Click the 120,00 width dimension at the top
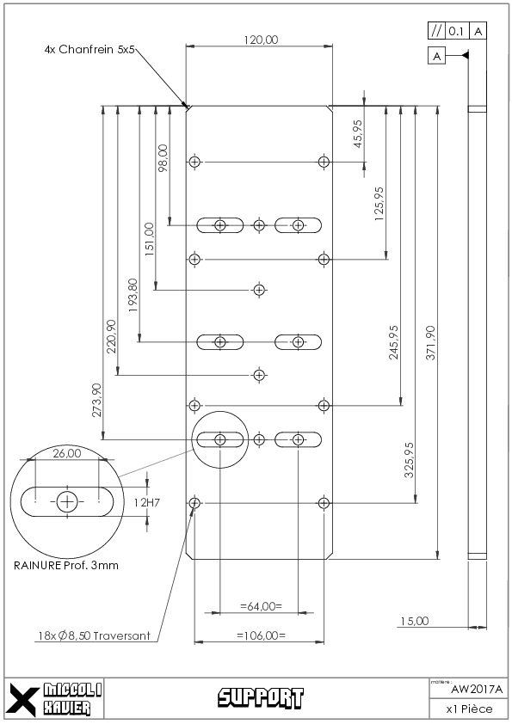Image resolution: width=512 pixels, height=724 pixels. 261,40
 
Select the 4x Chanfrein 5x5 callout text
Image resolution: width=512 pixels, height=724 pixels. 89,49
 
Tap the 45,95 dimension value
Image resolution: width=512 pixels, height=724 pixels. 358,134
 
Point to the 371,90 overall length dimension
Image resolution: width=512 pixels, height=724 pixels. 430,342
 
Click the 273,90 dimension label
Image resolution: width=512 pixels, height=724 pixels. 96,400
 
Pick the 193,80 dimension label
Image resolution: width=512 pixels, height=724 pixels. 133,295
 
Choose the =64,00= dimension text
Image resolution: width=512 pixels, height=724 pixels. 261,606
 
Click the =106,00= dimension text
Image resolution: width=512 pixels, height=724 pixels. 261,635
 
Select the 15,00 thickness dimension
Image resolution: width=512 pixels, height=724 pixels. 415,621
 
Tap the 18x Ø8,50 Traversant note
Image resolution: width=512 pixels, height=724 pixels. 94,635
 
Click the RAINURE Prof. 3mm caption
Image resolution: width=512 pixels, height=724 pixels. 66,565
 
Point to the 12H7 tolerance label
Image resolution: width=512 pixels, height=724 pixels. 147,502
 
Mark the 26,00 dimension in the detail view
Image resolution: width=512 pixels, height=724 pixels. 67,453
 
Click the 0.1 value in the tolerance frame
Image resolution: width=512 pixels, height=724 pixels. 456,31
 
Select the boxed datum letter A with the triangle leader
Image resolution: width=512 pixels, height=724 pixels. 436,57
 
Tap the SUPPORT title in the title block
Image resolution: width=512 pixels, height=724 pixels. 261,697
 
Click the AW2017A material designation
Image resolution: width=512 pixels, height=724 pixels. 477,690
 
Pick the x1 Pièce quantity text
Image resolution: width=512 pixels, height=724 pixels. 469,709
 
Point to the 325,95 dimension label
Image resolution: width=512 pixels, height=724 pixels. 409,460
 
